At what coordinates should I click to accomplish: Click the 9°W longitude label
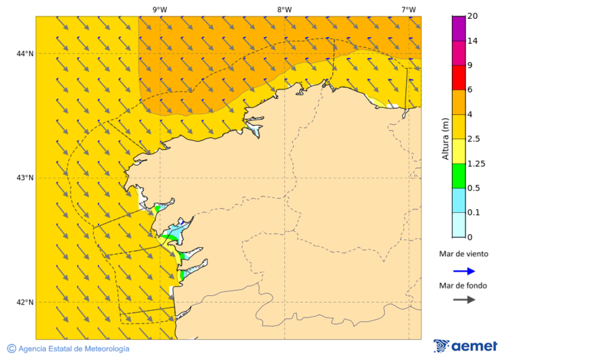click(x=160, y=9)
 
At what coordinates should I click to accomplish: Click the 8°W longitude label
click(x=284, y=9)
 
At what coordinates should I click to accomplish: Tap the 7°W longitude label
click(x=408, y=9)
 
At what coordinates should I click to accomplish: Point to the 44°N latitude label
click(x=25, y=53)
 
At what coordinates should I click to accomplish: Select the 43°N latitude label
click(x=25, y=178)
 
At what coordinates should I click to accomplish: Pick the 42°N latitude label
click(x=25, y=302)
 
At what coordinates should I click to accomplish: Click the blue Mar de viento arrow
click(x=463, y=271)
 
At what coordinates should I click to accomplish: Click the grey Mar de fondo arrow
click(x=463, y=299)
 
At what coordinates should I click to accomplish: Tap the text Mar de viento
click(x=463, y=255)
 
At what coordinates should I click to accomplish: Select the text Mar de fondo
click(x=463, y=285)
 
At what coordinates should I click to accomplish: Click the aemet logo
click(x=465, y=346)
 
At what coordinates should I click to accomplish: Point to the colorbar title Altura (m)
click(x=445, y=138)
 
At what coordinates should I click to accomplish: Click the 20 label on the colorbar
click(x=473, y=16)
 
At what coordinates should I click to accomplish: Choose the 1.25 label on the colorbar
click(x=477, y=163)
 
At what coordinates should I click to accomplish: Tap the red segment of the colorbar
click(x=459, y=77)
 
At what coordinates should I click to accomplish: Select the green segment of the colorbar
click(x=459, y=176)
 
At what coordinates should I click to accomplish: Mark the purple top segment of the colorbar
click(x=459, y=28)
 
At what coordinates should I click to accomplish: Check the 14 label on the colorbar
click(x=473, y=41)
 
